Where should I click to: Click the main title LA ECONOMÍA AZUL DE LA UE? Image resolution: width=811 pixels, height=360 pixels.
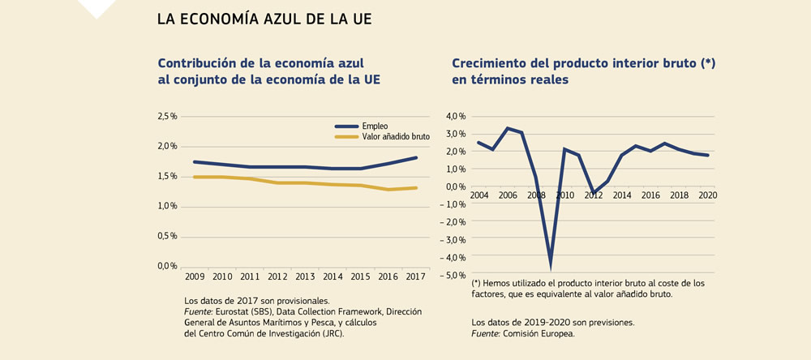(x=264, y=19)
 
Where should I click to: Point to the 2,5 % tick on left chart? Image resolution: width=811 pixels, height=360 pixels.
(x=167, y=117)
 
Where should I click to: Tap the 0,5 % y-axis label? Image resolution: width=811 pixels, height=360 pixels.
(x=167, y=237)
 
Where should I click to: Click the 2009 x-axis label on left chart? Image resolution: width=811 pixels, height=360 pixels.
(x=196, y=277)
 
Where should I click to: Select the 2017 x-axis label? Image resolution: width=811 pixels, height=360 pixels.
(x=416, y=277)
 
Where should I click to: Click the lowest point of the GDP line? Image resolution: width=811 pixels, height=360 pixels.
(x=551, y=264)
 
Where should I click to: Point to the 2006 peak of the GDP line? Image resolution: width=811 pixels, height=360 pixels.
(x=507, y=128)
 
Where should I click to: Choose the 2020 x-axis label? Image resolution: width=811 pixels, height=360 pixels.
(x=707, y=196)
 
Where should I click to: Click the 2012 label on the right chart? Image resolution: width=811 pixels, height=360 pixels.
(x=593, y=196)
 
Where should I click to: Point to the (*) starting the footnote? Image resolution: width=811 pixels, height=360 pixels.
(x=477, y=283)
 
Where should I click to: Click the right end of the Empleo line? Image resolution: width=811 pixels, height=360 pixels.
(x=416, y=157)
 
